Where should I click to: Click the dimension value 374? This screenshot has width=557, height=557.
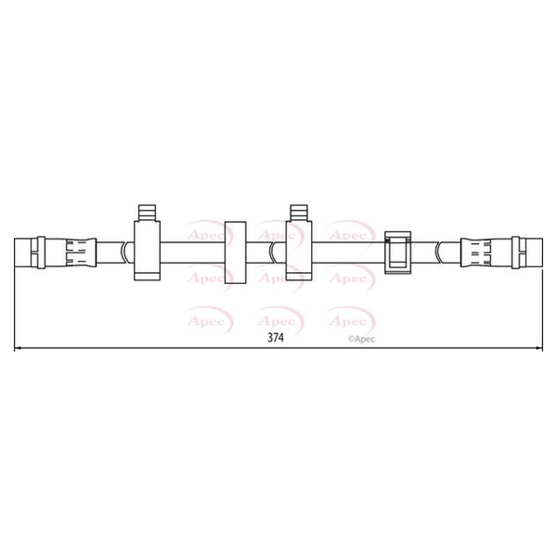tap(276, 337)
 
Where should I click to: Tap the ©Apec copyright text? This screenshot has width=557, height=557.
tap(361, 339)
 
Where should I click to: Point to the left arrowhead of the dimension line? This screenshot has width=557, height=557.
tap(17, 348)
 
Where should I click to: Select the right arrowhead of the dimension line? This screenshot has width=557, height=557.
tap(539, 348)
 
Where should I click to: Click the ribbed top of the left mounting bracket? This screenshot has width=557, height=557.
tap(147, 213)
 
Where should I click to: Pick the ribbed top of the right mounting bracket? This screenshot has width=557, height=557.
tap(299, 213)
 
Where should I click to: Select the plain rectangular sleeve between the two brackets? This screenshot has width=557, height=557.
tap(236, 253)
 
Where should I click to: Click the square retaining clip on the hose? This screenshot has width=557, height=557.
tap(398, 253)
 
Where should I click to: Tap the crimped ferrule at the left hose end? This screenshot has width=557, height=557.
tap(81, 253)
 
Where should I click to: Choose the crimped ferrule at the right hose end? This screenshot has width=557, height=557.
tap(475, 253)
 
